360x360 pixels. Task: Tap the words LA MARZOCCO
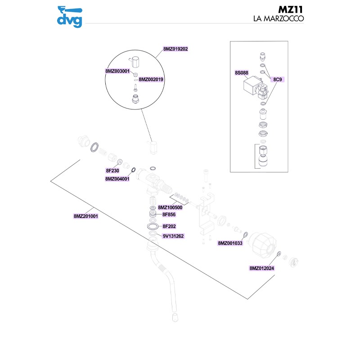tap(279, 19)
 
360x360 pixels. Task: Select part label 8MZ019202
tap(175, 49)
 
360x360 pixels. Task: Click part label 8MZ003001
tap(117, 71)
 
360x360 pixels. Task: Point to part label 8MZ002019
tap(151, 79)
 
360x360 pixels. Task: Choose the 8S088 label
tap(242, 72)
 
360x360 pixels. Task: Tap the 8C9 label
tap(278, 79)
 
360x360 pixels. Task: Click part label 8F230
tap(112, 171)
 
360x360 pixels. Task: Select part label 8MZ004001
tap(117, 179)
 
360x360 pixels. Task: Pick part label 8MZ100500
tap(170, 207)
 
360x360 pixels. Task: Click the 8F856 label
tap(169, 215)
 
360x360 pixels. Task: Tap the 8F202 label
tap(169, 226)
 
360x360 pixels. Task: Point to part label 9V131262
tap(174, 236)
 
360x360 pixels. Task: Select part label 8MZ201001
tap(86, 216)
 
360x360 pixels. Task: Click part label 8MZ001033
tap(230, 243)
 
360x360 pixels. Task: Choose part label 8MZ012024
tap(262, 268)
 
